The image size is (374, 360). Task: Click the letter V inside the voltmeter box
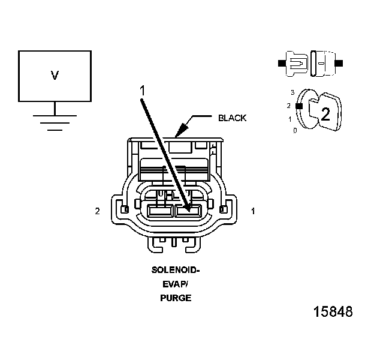coord(55,76)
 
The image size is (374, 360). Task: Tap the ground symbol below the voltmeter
coord(55,120)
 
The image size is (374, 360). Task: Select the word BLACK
coord(232,118)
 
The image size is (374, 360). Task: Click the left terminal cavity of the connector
coord(159,211)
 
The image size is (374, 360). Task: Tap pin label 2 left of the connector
coord(97,211)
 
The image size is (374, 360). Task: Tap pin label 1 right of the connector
coord(253,211)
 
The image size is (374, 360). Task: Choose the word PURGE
coord(176,297)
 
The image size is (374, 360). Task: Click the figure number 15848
coord(333,312)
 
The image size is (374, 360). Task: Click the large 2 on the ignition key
coord(325,115)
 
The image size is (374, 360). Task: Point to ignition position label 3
coord(292,93)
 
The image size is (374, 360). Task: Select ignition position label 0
coord(295,130)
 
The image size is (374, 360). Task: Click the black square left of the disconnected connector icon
coord(281,62)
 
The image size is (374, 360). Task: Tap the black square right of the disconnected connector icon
coord(339,62)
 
